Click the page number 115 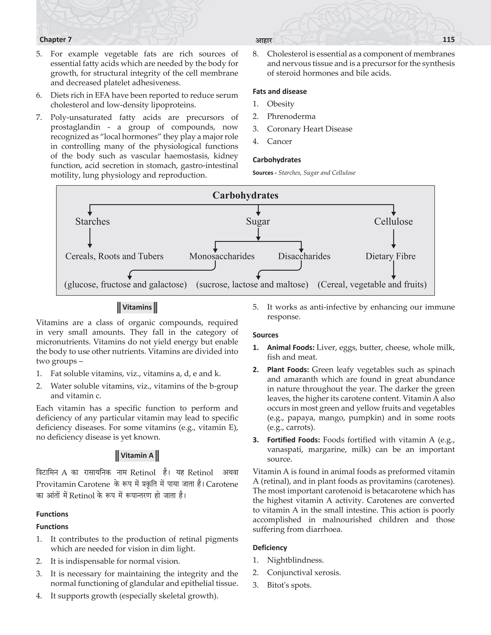coord(448,40)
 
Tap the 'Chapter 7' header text coord(55,40)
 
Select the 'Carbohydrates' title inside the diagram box coord(245,195)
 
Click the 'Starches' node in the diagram coord(93,222)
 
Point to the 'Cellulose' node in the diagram coord(393,222)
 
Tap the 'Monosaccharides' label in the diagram coord(222,256)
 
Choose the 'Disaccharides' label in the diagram coord(304,256)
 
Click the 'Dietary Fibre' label coord(390,256)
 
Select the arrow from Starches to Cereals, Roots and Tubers coord(90,238)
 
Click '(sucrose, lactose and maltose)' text coord(252,284)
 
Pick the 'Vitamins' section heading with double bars coord(137,307)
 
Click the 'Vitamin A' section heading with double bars coord(137,455)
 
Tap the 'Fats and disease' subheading coord(280,92)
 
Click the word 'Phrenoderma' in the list coord(291,117)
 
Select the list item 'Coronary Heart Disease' coord(310,129)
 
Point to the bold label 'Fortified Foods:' coord(293,440)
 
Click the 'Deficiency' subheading coord(270,548)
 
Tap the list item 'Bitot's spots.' coord(289,585)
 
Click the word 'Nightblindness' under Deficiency coord(295,560)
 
